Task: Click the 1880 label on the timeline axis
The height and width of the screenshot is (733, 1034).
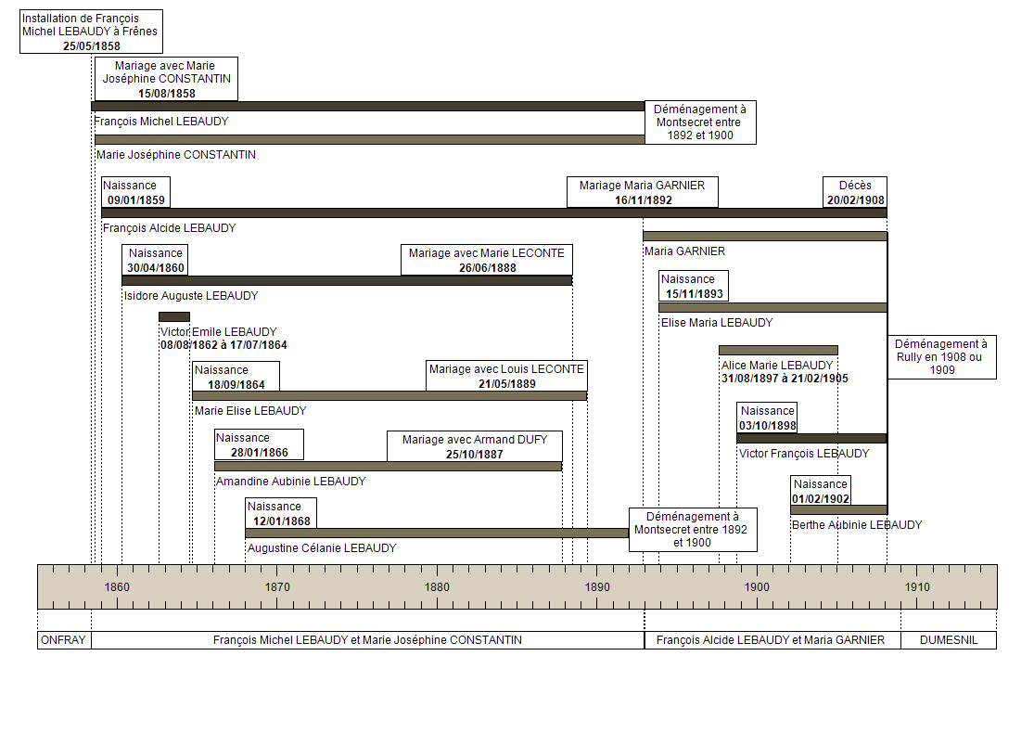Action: tap(437, 586)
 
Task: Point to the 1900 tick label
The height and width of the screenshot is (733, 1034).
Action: tap(757, 586)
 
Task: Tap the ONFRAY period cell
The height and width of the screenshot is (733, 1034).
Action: tap(64, 640)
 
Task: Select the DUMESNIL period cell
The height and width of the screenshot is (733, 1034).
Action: tap(949, 640)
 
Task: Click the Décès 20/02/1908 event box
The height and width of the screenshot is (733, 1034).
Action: tap(855, 192)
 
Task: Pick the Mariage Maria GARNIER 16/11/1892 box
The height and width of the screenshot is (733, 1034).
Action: tap(643, 192)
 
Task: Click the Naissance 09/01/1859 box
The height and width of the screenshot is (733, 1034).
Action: tap(135, 192)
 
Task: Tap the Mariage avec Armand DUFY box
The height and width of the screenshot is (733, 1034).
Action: tap(475, 446)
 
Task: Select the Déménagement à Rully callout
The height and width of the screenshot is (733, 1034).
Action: tap(941, 357)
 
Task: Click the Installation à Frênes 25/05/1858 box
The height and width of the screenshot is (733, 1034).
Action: tap(91, 32)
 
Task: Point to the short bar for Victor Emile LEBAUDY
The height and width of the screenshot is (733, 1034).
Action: tap(174, 316)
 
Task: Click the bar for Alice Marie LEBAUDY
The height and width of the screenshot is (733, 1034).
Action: tap(778, 351)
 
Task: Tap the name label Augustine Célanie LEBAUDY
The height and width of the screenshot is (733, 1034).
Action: tap(322, 548)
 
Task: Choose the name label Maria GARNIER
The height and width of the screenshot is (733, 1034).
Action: tap(684, 251)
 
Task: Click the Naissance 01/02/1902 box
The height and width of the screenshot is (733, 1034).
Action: tap(821, 491)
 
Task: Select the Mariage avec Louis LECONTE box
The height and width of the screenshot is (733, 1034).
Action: tap(506, 376)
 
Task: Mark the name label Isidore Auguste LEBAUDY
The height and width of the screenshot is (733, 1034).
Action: tap(191, 296)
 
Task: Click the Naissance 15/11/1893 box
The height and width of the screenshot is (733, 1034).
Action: tap(694, 286)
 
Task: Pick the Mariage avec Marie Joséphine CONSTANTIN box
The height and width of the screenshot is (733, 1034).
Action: tap(166, 79)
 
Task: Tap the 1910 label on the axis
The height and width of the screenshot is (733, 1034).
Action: tap(916, 586)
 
